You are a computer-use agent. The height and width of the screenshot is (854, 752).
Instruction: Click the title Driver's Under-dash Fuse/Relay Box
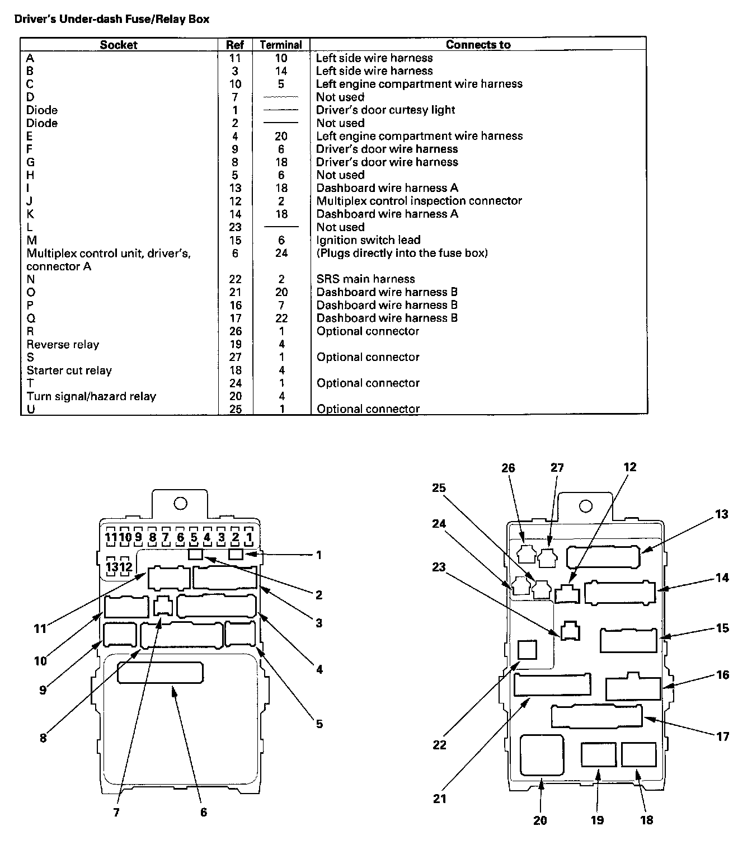point(111,19)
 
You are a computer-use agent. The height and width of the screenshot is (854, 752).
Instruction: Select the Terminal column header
point(281,45)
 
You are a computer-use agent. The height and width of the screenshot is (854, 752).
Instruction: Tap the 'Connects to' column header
point(478,45)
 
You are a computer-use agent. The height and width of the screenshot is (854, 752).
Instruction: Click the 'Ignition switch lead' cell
point(368,240)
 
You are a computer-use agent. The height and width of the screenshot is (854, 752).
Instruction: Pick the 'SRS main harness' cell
point(365,279)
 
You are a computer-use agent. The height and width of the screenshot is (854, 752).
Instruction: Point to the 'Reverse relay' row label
point(63,344)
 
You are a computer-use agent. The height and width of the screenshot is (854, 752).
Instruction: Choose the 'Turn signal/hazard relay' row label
point(91,396)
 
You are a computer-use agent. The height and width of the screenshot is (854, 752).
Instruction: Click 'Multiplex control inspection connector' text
point(419,201)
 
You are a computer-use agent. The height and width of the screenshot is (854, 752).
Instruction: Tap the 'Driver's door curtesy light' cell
point(386,110)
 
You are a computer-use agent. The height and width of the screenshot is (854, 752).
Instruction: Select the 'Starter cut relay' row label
point(69,370)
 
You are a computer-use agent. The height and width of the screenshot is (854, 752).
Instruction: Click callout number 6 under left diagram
point(204,811)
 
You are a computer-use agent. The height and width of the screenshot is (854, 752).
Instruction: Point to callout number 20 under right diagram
point(540,820)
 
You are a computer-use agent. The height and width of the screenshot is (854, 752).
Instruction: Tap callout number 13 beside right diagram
point(722,514)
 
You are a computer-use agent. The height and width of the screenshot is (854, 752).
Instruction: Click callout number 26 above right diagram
point(508,468)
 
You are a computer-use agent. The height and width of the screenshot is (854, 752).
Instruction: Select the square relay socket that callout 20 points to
point(542,755)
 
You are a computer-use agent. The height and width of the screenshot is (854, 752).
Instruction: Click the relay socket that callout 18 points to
point(638,754)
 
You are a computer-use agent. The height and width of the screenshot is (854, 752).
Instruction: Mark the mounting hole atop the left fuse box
point(180,504)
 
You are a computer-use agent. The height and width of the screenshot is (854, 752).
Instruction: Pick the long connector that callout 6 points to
point(160,673)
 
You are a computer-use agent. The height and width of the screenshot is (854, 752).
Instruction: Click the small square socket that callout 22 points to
point(527,650)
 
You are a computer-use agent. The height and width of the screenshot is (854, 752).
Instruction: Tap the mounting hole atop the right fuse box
point(586,507)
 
